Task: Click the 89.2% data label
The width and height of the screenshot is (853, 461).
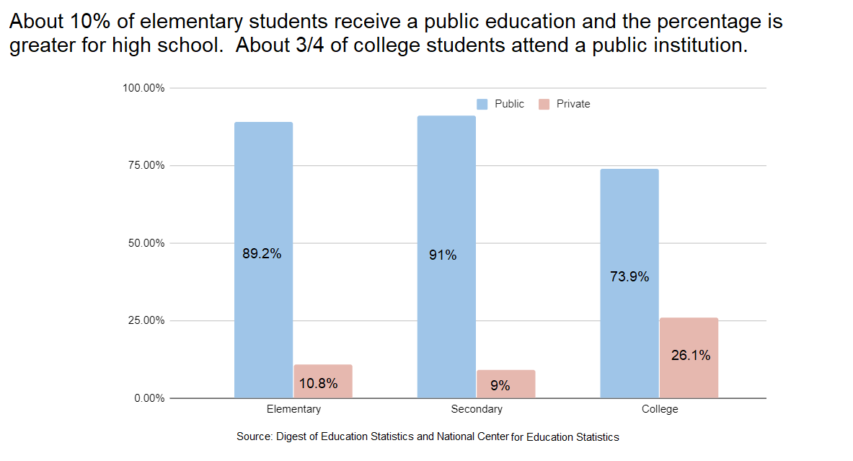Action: click(262, 254)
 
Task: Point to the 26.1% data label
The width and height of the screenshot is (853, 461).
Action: click(691, 355)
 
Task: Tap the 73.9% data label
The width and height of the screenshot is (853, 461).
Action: click(629, 276)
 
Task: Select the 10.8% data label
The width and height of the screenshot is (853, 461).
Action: click(318, 384)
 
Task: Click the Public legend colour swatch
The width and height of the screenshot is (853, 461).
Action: click(482, 104)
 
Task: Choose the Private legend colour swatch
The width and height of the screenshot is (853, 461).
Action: click(544, 104)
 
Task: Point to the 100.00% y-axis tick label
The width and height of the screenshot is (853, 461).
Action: click(143, 88)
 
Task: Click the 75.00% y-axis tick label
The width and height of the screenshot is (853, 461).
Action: click(146, 165)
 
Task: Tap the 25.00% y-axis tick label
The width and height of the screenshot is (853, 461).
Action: click(146, 320)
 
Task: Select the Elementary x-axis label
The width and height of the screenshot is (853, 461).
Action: click(293, 409)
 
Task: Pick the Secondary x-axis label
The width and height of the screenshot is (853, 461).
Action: click(477, 409)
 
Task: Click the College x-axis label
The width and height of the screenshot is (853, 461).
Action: click(660, 409)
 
